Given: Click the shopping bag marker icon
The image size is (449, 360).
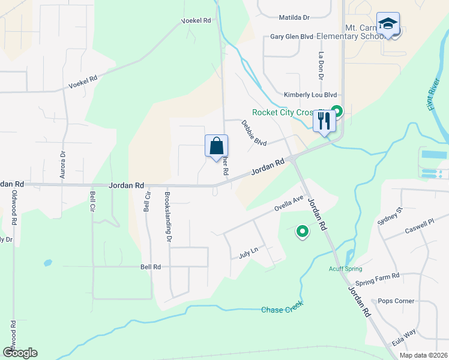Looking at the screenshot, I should [216, 146].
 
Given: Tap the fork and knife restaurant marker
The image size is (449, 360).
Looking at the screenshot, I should [324, 121].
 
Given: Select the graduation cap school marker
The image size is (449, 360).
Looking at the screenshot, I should [388, 25].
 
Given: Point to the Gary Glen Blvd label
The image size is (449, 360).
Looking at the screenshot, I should [292, 37].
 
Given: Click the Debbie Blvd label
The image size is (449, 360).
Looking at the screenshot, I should [254, 134].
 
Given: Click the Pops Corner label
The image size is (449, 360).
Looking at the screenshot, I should [396, 301].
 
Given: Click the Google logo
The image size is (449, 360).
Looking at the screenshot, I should [20, 353].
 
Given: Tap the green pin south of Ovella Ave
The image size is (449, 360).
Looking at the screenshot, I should [303, 231].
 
